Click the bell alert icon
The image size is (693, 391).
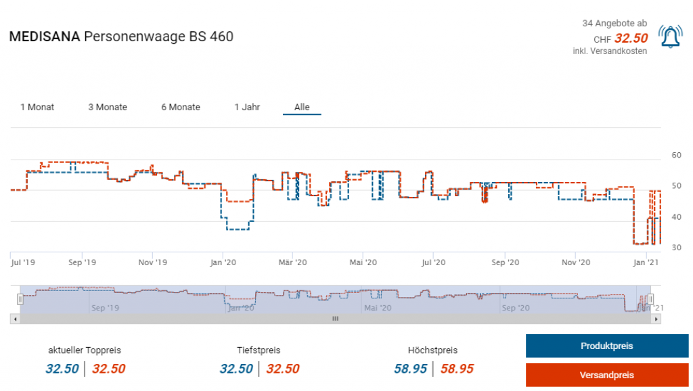click(670, 37)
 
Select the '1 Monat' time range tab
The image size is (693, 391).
click(37, 107)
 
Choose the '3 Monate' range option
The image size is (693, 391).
click(108, 107)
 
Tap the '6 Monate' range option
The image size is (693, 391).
click(181, 107)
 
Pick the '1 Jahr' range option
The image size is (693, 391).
click(247, 107)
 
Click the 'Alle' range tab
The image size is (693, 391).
click(302, 107)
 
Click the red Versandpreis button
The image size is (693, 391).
click(606, 375)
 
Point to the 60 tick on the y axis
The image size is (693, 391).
click(675, 155)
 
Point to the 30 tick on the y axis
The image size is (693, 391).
click(675, 248)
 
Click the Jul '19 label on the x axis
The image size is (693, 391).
click(24, 262)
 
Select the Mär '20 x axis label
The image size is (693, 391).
click(293, 262)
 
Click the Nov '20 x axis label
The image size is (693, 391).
click(576, 262)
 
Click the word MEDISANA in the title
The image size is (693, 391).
click(43, 37)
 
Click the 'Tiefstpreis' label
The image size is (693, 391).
click(259, 350)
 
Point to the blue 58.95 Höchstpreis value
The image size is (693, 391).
click(411, 369)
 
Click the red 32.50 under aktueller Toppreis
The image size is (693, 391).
click(108, 369)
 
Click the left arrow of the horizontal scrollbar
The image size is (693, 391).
click(14, 318)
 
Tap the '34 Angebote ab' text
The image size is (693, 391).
click(614, 24)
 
